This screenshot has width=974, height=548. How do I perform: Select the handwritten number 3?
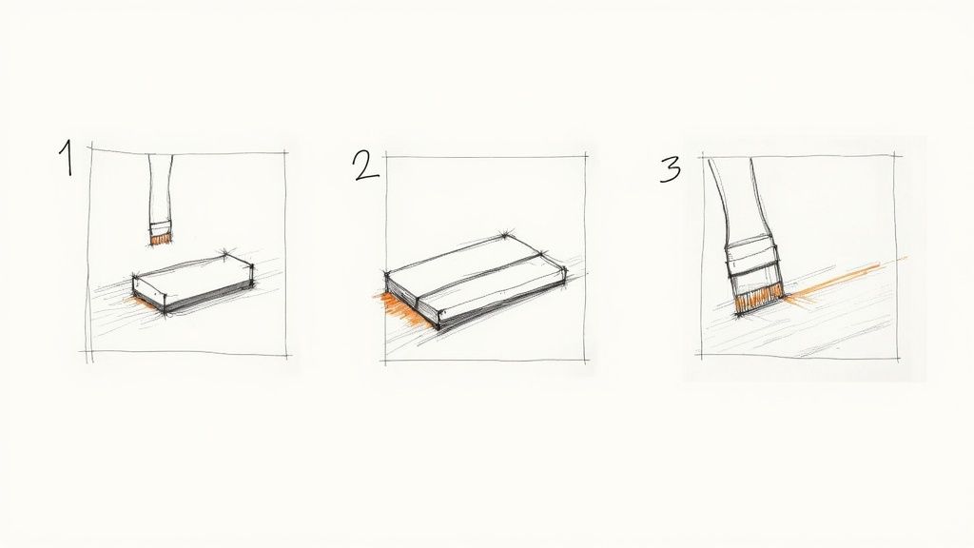coord(671,168)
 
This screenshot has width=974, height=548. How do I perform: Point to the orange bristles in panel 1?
coord(160,240)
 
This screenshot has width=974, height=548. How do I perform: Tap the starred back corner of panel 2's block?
coord(503,234)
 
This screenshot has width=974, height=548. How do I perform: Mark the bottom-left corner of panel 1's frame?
coord(88,354)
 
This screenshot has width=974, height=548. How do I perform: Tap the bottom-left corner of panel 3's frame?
coord(701,356)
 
